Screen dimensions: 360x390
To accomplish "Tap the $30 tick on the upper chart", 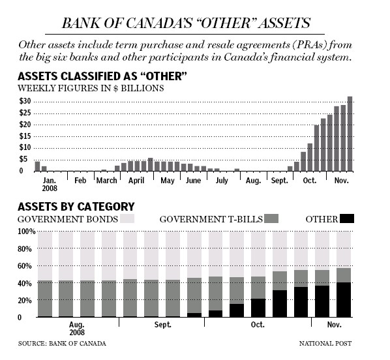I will pyautogui.click(x=25, y=101).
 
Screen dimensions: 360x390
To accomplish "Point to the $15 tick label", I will pyautogui.click(x=25, y=136).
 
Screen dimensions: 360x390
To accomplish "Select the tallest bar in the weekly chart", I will pyautogui.click(x=350, y=134).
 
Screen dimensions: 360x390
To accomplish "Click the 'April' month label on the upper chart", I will pyautogui.click(x=136, y=179).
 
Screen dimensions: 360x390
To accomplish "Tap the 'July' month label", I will pyautogui.click(x=221, y=179).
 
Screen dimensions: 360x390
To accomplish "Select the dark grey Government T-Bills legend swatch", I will pyautogui.click(x=271, y=218).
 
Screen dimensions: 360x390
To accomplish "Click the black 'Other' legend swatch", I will pyautogui.click(x=346, y=218).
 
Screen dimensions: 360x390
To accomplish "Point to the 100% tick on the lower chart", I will pyautogui.click(x=27, y=232).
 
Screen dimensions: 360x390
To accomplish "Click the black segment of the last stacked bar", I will pyautogui.click(x=344, y=300).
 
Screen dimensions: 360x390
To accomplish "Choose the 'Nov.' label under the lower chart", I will pyautogui.click(x=333, y=324).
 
